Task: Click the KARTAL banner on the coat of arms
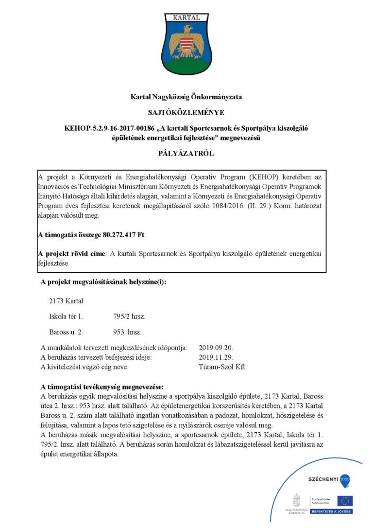(186, 18)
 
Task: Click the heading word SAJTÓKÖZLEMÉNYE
(186, 112)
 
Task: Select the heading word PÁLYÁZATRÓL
(186, 154)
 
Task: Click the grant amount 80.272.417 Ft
(124, 234)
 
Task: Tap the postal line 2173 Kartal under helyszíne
(66, 301)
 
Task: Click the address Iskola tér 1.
(66, 317)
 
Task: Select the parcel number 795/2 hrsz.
(129, 317)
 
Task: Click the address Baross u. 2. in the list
(66, 332)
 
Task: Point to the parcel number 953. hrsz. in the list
(127, 332)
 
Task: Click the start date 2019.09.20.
(216, 348)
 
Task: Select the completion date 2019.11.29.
(216, 357)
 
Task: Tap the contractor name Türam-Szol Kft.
(223, 367)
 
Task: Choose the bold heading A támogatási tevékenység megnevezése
(102, 387)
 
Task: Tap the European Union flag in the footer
(345, 501)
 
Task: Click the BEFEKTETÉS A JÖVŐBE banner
(332, 511)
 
